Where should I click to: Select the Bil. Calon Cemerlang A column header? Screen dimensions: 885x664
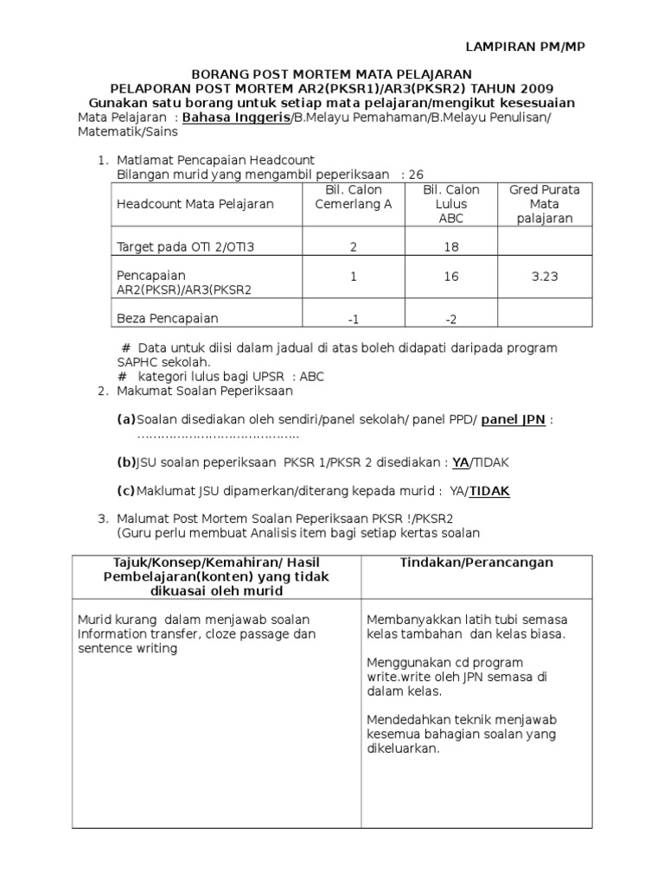point(353,197)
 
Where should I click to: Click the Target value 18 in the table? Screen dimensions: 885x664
point(451,247)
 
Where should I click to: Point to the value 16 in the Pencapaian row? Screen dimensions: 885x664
point(451,277)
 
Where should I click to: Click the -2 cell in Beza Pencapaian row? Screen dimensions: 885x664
point(451,319)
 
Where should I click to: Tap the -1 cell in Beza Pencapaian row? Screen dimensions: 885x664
point(353,319)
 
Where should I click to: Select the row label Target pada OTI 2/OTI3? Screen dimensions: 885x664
point(186,247)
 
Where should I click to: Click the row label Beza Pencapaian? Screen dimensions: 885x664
point(167,318)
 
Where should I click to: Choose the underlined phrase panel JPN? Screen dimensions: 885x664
point(514,420)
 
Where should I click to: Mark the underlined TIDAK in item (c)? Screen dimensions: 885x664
point(489,491)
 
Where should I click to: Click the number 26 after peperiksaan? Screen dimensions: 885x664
point(416,175)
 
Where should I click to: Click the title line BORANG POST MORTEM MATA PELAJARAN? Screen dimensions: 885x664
point(331,75)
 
